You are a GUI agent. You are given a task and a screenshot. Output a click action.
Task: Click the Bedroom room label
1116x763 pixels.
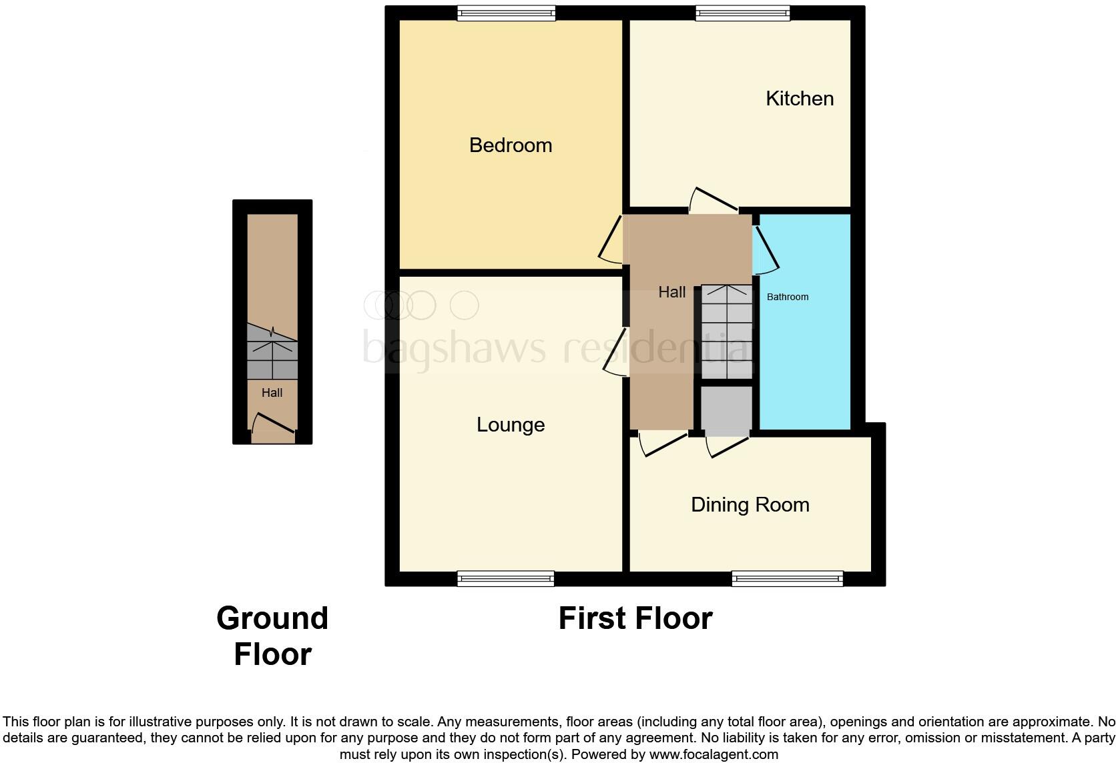pos(511,145)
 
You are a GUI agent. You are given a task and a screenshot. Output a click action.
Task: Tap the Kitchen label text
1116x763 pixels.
pos(800,99)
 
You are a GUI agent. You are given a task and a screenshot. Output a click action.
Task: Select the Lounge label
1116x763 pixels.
pos(511,425)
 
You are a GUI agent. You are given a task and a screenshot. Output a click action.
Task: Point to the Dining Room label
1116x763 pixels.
pos(750,505)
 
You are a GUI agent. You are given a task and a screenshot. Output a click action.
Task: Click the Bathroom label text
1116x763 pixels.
pos(788,297)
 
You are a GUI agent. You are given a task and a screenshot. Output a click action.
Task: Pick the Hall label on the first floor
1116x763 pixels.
pos(671,292)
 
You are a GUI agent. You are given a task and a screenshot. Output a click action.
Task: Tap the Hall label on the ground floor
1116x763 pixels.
pos(272,393)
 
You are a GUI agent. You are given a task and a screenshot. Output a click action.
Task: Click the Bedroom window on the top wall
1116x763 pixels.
pos(506,13)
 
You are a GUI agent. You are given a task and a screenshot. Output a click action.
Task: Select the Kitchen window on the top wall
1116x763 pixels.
pos(743,13)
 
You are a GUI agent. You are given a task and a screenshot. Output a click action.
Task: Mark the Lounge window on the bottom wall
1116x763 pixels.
pos(505,578)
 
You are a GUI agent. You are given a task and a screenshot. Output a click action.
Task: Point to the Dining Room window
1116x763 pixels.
pos(788,578)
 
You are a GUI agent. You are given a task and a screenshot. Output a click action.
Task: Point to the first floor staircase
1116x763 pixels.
pos(726,331)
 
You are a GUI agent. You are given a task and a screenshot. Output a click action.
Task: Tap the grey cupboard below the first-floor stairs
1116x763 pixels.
pos(726,410)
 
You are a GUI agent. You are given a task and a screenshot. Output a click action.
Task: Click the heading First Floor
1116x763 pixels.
pos(635,618)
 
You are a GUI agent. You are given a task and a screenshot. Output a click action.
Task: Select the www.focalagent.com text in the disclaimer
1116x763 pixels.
pos(714,754)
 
